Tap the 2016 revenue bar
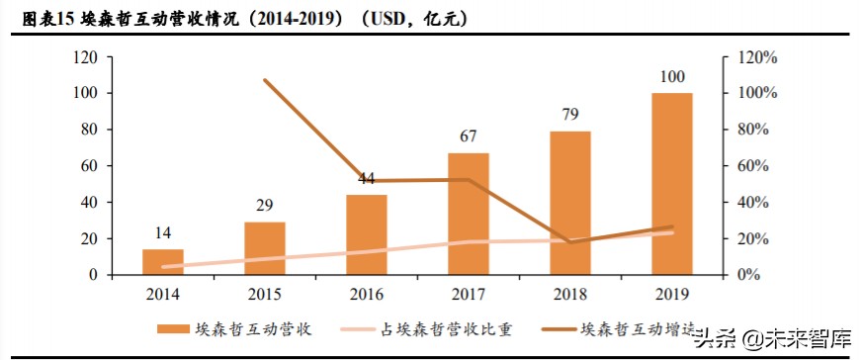367,235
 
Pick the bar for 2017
469,215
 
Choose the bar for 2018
569,204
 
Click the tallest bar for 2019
671,185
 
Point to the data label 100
671,78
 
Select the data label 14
163,234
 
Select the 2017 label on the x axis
469,294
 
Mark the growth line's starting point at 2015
265,80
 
